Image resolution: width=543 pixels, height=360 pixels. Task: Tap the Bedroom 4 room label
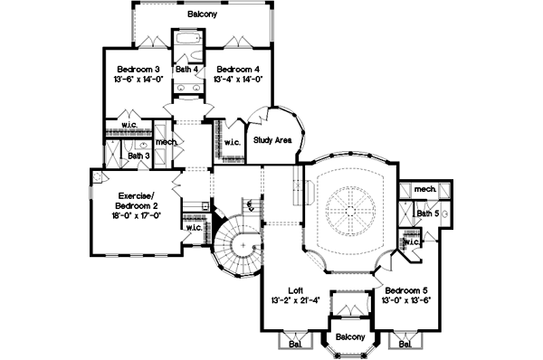pyautogui.click(x=238, y=69)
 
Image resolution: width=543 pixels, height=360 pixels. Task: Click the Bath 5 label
pyautogui.click(x=427, y=213)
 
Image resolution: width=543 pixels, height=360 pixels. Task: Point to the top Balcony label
pyautogui.click(x=204, y=15)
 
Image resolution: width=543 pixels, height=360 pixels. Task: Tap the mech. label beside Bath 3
pyautogui.click(x=166, y=142)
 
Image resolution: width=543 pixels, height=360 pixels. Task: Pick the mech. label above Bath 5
pyautogui.click(x=425, y=189)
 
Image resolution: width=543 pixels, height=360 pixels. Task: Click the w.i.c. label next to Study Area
pyautogui.click(x=231, y=142)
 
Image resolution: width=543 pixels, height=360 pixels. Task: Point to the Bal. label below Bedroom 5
pyautogui.click(x=404, y=345)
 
